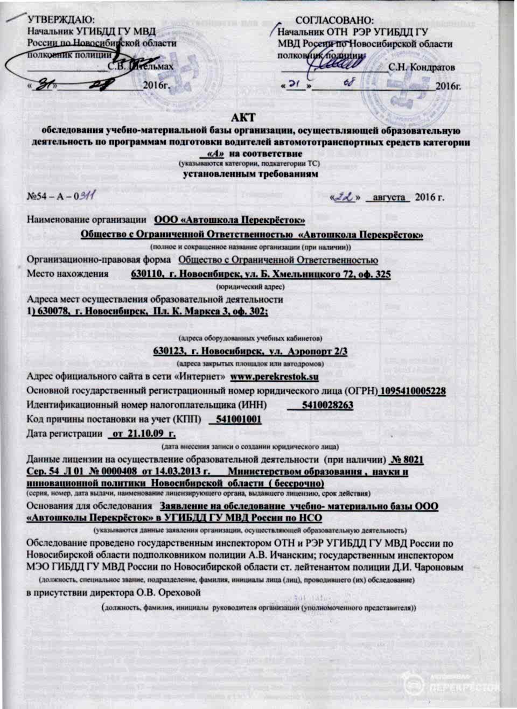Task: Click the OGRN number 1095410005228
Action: click(x=413, y=391)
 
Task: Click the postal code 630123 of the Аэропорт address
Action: click(x=170, y=351)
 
